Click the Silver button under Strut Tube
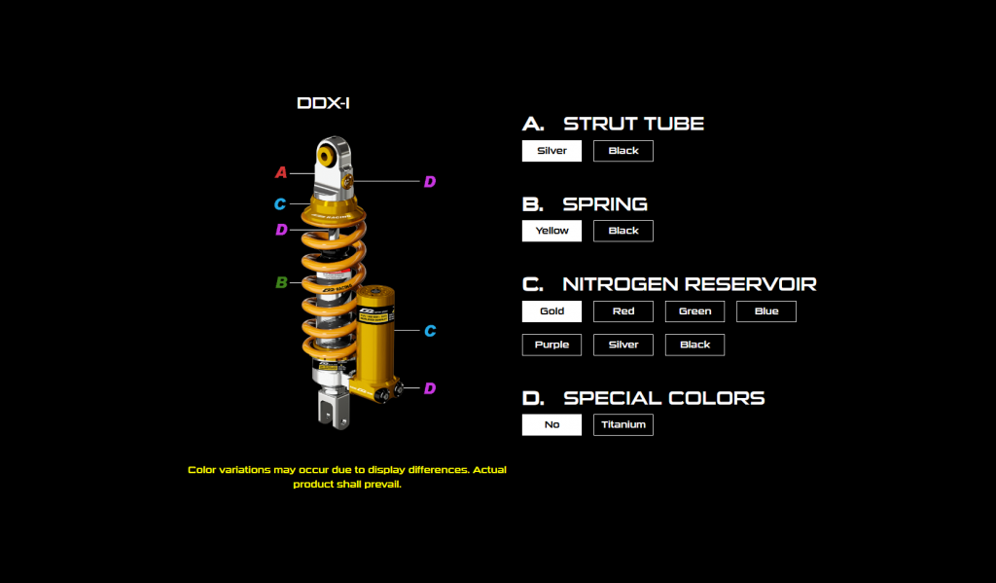tap(551, 151)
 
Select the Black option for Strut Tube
tap(623, 151)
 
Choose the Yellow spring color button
tap(551, 231)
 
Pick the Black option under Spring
tap(623, 231)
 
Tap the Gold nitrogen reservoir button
tap(551, 311)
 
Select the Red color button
tap(623, 311)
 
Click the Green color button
tap(694, 311)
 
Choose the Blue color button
tap(766, 311)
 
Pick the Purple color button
tap(551, 345)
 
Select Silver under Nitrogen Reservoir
tap(623, 345)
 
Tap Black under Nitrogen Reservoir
tap(694, 345)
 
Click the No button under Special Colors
tap(551, 424)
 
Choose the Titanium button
tap(623, 424)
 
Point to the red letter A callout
tap(281, 173)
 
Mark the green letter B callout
tap(281, 283)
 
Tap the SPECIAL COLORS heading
tap(663, 398)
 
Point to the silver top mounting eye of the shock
tap(330, 157)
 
